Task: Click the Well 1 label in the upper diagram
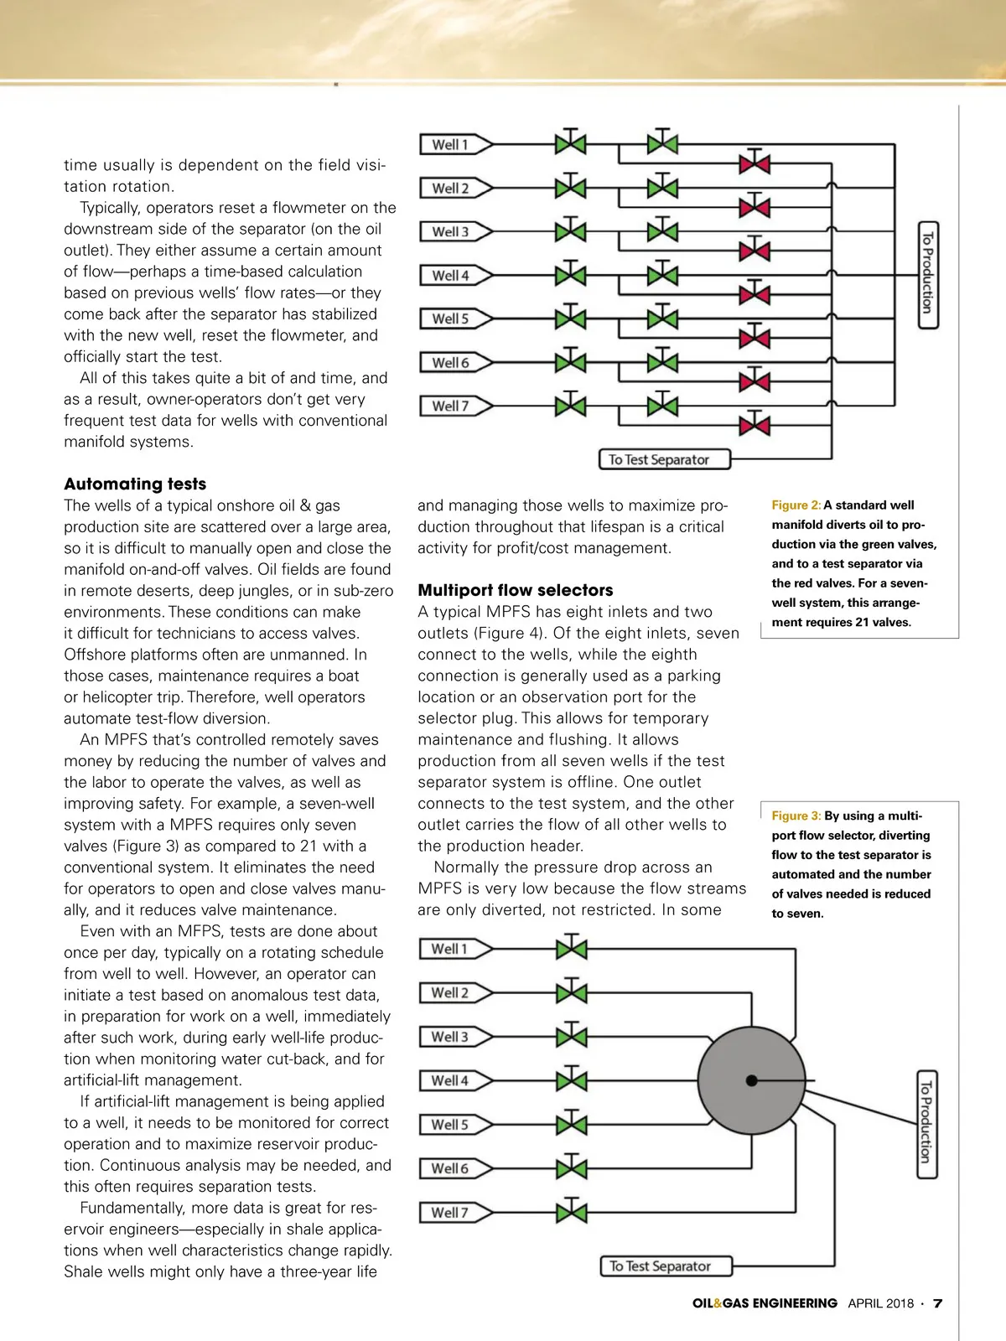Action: pos(450,145)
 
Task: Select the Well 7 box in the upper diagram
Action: pos(450,406)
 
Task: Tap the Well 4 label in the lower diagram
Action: pos(449,1080)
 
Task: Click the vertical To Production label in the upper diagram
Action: pos(928,275)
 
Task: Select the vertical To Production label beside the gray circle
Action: pos(926,1124)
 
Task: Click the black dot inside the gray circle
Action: pos(751,1080)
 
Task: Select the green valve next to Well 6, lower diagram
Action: pos(572,1168)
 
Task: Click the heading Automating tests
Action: pos(135,484)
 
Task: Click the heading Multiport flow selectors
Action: pos(515,590)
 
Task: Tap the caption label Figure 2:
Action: pos(796,505)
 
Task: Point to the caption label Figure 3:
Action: pos(796,815)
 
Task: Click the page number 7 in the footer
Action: pos(938,1303)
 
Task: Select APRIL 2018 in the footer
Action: pos(880,1303)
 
